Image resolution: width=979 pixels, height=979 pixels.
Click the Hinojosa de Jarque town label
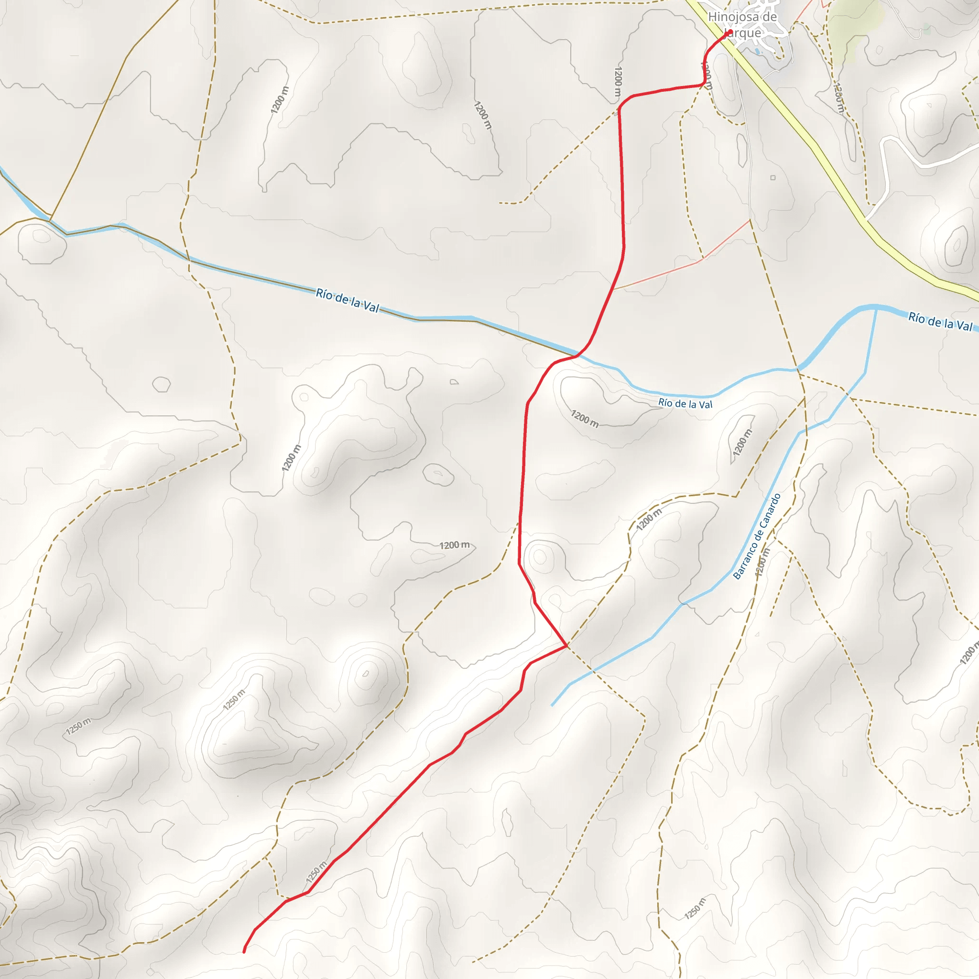[742, 24]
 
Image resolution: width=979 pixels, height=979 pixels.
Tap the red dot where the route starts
[729, 34]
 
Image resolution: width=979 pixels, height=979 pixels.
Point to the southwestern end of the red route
[244, 952]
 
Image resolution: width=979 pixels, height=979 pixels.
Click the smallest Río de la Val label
[685, 404]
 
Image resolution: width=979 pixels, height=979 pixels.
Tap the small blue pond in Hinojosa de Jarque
[757, 51]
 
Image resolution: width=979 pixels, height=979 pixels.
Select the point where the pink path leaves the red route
[614, 289]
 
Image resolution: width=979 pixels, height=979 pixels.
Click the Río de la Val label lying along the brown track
[347, 300]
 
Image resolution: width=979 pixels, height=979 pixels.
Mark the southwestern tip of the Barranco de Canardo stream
[551, 706]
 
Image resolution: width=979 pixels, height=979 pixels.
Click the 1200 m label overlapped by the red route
[707, 76]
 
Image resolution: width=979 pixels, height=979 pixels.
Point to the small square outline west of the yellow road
[773, 178]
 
